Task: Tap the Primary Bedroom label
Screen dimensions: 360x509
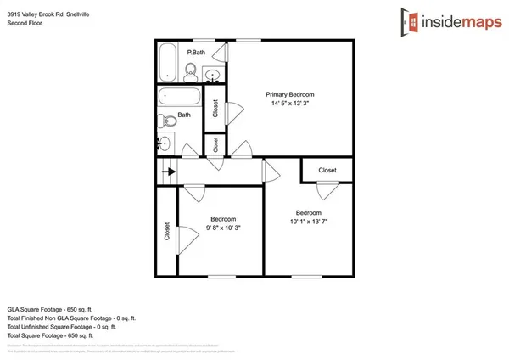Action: pos(289,94)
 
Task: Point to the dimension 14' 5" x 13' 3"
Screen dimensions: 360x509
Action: pos(289,104)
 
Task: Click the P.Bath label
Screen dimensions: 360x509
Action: pos(196,53)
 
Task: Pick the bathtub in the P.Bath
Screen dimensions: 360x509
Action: pos(166,62)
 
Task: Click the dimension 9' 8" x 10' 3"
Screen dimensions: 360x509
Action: pos(223,228)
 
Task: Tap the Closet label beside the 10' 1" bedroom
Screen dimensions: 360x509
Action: pos(327,171)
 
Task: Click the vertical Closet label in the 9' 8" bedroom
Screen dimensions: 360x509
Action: pos(166,231)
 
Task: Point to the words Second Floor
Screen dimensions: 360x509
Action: pos(25,24)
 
